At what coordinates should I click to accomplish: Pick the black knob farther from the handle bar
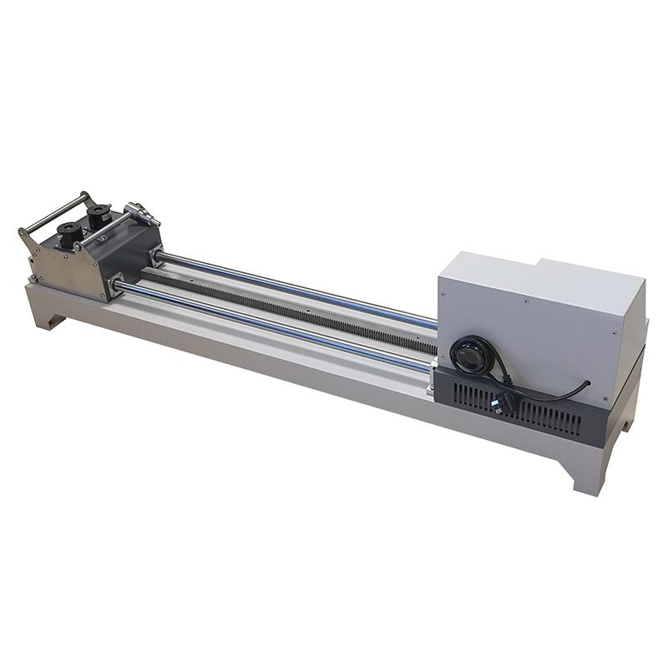click(x=101, y=212)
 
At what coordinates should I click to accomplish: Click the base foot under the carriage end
click(x=46, y=317)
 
